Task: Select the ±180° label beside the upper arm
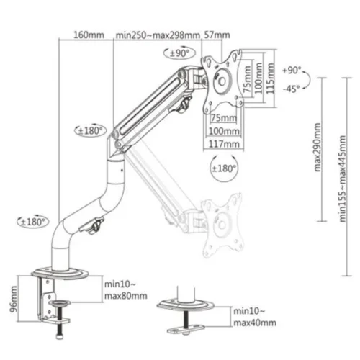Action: (92, 131)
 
